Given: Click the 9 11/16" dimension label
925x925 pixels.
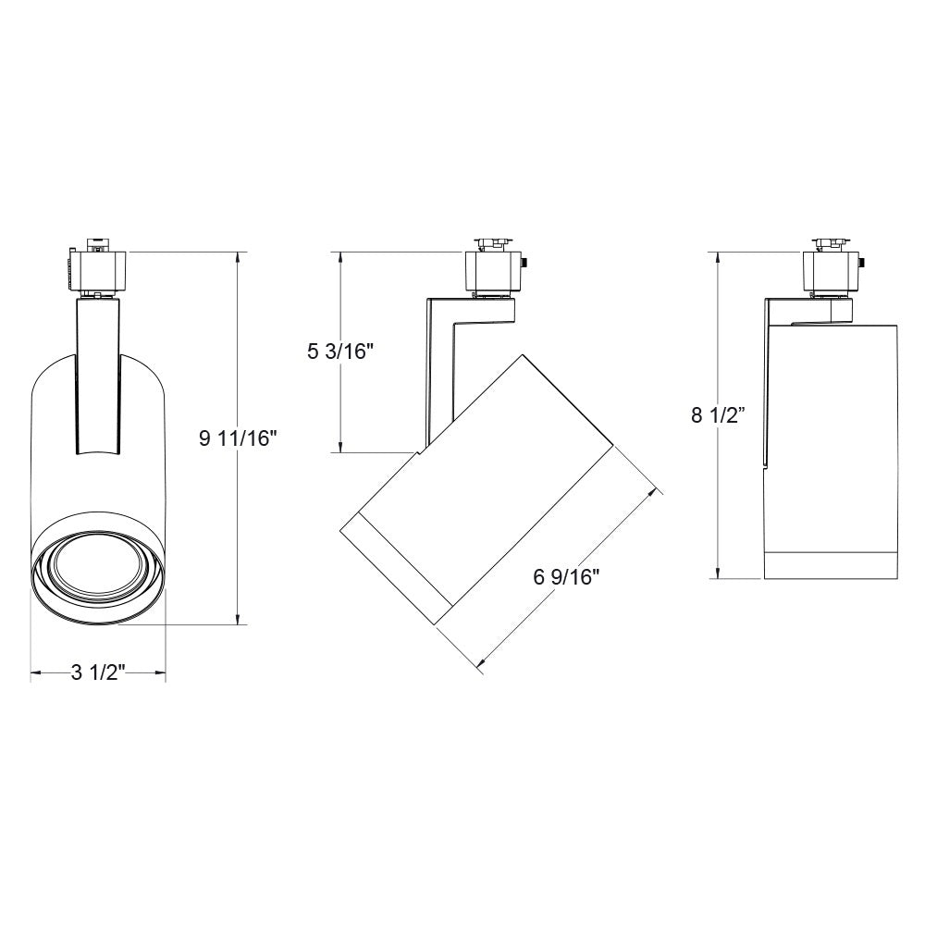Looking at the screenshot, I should (238, 438).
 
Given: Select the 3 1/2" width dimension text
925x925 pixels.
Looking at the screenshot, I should (98, 672).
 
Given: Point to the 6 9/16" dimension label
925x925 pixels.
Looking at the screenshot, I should (567, 579).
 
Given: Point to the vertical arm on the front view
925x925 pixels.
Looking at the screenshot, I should (98, 375).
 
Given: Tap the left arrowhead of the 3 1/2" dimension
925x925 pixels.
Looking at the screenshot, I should (35, 673).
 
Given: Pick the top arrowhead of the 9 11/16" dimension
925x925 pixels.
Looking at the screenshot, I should (238, 256).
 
